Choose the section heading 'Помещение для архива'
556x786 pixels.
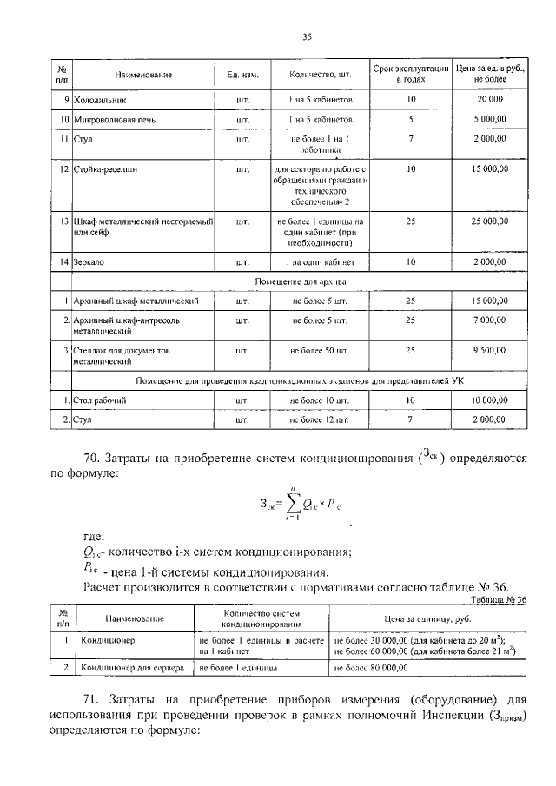(301, 282)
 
